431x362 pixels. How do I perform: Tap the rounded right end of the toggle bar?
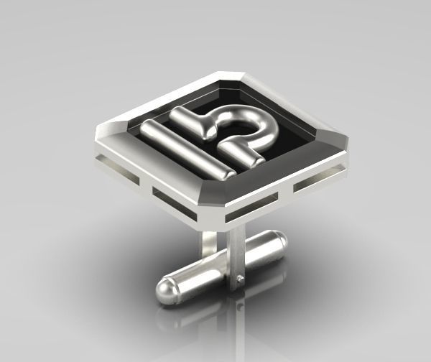pyautogui.click(x=281, y=240)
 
